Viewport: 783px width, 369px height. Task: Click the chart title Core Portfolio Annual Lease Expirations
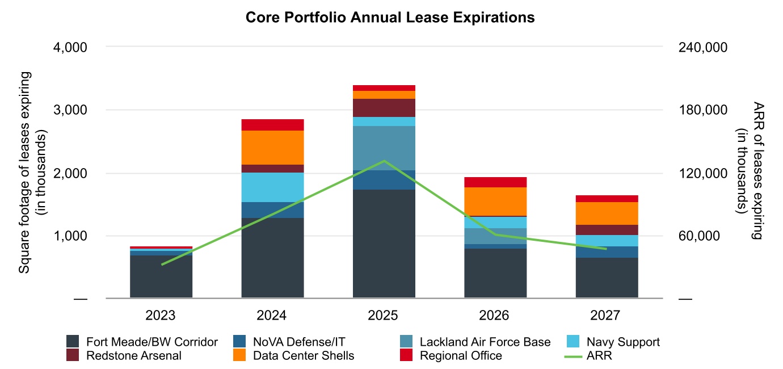tap(390, 18)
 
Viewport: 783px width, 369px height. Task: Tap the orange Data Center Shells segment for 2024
tap(272, 148)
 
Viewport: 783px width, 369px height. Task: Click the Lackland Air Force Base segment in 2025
tap(384, 148)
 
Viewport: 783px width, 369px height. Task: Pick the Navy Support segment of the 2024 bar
tap(272, 187)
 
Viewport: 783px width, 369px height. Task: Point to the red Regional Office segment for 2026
tap(495, 182)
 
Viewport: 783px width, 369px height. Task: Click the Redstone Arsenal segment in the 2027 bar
tap(607, 230)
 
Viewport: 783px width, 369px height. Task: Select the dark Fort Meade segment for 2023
tap(161, 276)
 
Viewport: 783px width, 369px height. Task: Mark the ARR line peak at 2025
tap(384, 161)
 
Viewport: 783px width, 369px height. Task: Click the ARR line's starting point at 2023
tap(162, 265)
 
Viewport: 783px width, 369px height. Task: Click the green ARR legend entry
tap(598, 356)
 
